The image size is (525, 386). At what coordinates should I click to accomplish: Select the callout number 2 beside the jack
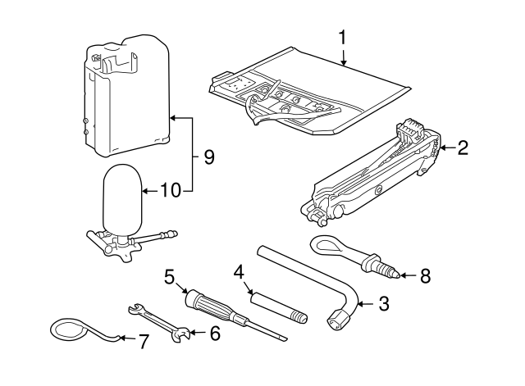(463, 148)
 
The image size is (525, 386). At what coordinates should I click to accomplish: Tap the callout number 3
(383, 305)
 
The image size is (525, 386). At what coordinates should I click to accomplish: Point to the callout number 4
(239, 270)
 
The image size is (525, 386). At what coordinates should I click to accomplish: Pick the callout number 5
(170, 276)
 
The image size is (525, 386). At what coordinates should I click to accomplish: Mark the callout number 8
(424, 275)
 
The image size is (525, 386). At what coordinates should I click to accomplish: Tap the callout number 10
(169, 191)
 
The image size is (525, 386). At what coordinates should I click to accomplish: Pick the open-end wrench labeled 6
(161, 320)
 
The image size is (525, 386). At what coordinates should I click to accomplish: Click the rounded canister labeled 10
(122, 199)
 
